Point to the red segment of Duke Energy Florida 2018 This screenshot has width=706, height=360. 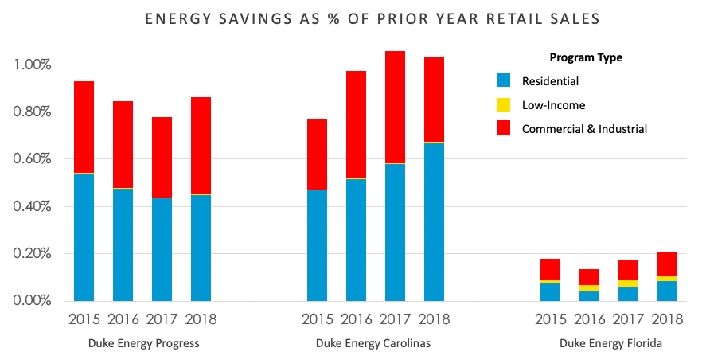[667, 264]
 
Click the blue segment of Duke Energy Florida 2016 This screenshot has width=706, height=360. [590, 295]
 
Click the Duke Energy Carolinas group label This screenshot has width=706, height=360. [375, 344]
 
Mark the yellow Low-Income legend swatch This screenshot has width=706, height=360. [503, 104]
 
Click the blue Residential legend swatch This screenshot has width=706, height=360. [503, 80]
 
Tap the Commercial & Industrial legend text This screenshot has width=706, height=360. [584, 128]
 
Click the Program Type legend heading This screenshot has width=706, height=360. [586, 57]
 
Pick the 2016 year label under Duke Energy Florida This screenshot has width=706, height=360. [590, 320]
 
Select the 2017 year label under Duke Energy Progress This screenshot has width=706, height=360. [162, 320]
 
